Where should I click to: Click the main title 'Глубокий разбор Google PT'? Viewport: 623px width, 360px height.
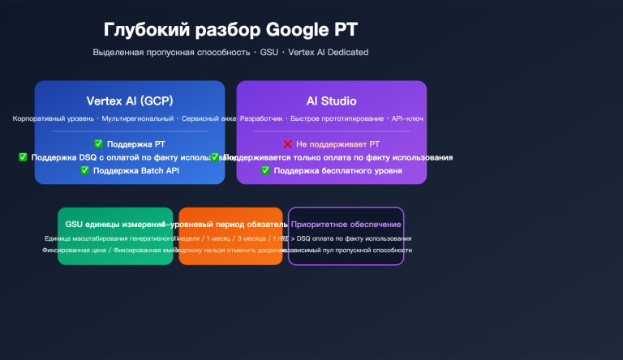(x=230, y=30)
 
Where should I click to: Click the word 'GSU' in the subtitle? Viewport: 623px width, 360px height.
(x=269, y=53)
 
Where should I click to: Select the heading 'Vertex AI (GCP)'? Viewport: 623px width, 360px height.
(x=129, y=101)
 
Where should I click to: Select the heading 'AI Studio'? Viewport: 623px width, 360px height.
(x=331, y=101)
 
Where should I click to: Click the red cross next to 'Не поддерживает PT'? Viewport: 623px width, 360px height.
(x=288, y=144)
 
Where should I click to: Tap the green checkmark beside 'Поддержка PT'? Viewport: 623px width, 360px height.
(x=99, y=144)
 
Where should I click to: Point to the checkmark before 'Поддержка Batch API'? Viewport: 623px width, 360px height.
(x=85, y=170)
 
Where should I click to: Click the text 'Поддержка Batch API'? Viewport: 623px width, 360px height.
(x=135, y=170)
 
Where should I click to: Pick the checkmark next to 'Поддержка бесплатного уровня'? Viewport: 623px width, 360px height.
(x=266, y=170)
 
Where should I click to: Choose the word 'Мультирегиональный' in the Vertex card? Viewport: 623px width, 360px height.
(x=137, y=118)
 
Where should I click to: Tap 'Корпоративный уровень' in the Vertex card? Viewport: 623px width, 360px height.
(x=54, y=118)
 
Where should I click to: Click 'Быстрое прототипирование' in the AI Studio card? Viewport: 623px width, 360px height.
(x=339, y=118)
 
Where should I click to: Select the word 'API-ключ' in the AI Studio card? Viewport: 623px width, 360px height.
(x=407, y=118)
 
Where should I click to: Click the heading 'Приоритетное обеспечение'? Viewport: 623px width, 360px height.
(x=346, y=224)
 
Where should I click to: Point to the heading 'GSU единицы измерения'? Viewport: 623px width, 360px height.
(x=114, y=224)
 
